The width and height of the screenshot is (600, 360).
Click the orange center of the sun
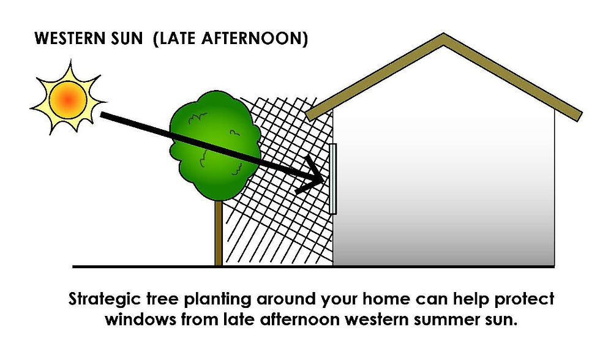[68, 99]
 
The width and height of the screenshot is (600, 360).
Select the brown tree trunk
[219, 233]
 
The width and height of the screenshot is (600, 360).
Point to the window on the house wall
[332, 179]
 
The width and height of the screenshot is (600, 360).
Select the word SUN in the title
[127, 39]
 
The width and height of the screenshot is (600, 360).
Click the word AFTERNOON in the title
[255, 39]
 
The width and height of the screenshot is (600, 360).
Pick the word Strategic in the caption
[105, 299]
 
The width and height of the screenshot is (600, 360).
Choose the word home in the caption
[386, 298]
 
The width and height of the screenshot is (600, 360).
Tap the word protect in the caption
[524, 299]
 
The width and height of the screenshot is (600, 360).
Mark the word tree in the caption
[163, 299]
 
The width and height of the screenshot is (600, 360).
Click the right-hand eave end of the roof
[579, 116]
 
